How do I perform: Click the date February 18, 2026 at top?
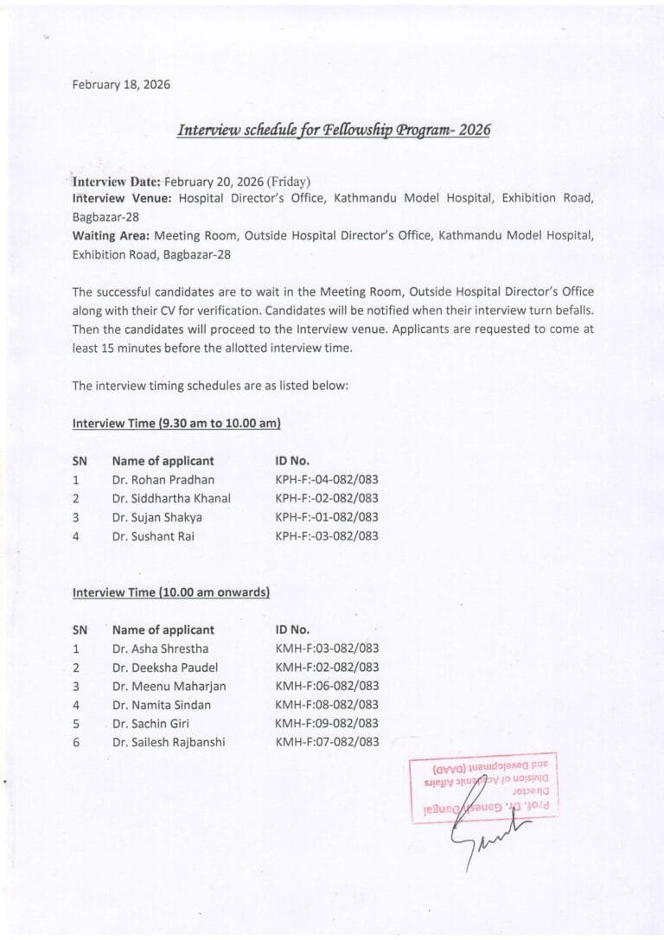[121, 85]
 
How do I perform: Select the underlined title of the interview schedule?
[334, 130]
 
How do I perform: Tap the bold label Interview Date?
[116, 182]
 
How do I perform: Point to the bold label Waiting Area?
[111, 235]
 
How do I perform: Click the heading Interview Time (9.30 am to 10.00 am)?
[176, 424]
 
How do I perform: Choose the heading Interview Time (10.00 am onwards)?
[171, 592]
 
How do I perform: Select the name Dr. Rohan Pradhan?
[163, 479]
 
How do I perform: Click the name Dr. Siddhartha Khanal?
[171, 498]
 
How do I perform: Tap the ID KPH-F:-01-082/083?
[327, 517]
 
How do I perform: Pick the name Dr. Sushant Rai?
[153, 536]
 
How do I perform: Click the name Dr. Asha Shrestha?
[160, 649]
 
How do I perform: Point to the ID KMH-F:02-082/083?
[327, 668]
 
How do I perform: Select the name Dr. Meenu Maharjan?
[169, 686]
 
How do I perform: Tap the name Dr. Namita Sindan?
[162, 705]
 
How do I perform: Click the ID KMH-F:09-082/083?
[327, 723]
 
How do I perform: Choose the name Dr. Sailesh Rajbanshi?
[169, 742]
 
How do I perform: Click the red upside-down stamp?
[483, 787]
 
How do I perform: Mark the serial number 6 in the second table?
[76, 742]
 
